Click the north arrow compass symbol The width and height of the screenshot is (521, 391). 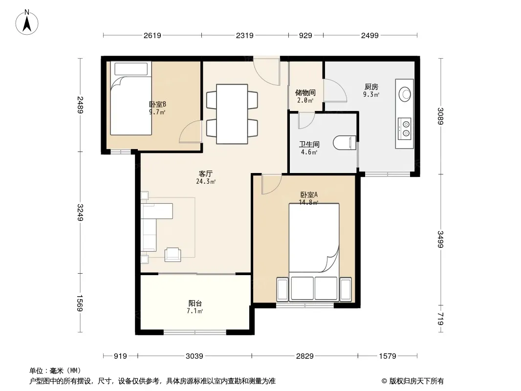click(x=27, y=22)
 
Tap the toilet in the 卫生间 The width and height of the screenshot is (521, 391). click(x=345, y=143)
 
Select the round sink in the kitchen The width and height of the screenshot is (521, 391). click(x=405, y=94)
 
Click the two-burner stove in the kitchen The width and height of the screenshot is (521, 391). click(x=404, y=129)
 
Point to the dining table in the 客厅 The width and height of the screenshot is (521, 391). click(x=232, y=114)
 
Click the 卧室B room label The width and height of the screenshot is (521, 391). click(x=157, y=104)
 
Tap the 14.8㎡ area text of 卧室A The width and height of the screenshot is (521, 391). click(x=309, y=202)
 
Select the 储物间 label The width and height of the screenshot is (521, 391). click(x=305, y=93)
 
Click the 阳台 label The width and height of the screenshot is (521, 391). click(x=195, y=304)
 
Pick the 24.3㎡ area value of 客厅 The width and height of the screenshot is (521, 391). click(x=206, y=181)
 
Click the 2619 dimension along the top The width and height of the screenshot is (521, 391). click(x=152, y=35)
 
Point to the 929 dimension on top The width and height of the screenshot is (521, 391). click(x=305, y=35)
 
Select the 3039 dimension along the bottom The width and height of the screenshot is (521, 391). click(x=195, y=356)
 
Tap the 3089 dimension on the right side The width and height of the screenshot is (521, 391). click(x=440, y=116)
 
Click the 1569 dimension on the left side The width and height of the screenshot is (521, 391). click(x=80, y=303)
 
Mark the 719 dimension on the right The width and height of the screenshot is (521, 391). click(x=440, y=319)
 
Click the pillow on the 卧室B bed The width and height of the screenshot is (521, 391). click(x=131, y=69)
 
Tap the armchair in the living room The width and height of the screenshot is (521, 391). click(x=173, y=255)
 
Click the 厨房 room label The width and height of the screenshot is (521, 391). click(x=371, y=87)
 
